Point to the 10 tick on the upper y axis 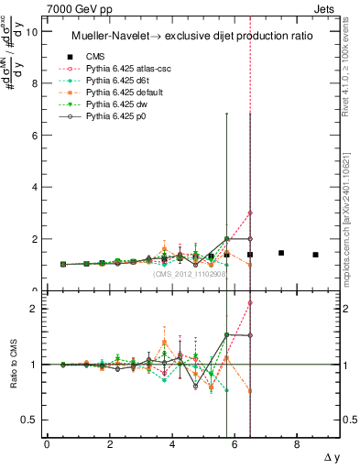tap(34, 31)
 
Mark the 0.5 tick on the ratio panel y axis tap(32, 420)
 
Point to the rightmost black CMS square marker tap(315, 255)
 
